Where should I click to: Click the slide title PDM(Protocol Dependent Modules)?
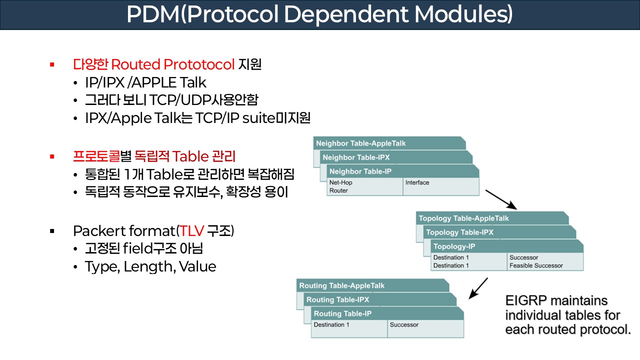[319, 14]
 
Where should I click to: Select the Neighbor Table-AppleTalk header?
[361, 143]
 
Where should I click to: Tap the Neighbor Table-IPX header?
[356, 157]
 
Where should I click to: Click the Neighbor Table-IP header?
[360, 171]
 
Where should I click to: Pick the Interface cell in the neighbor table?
[417, 182]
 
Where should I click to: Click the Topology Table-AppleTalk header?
[464, 218]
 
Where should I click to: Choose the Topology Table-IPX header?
[460, 232]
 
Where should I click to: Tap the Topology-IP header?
[454, 246]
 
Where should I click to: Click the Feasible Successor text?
[536, 265]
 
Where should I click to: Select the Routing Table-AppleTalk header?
[342, 285]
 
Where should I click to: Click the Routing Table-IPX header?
[338, 299]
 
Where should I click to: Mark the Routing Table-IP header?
[342, 313]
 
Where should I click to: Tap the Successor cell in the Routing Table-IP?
[404, 324]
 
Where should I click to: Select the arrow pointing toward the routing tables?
[479, 288]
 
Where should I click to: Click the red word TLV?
[192, 231]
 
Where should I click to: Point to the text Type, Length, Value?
[150, 266]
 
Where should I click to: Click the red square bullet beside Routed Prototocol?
[51, 64]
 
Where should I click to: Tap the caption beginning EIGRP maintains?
[567, 315]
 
